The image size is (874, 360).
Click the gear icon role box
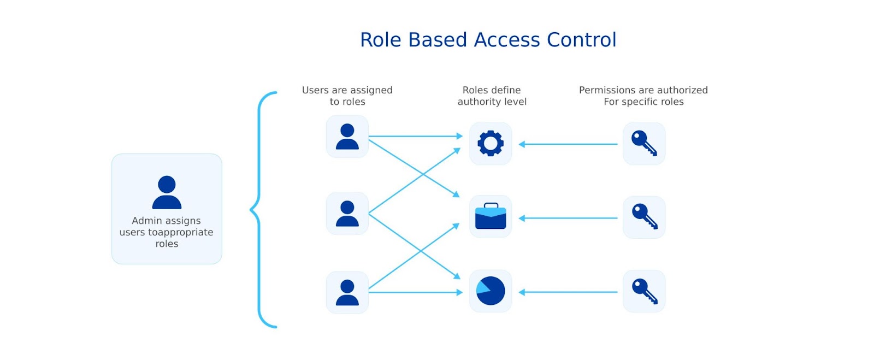pyautogui.click(x=490, y=144)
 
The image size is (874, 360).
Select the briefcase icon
pyautogui.click(x=490, y=217)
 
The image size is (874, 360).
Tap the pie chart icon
pyautogui.click(x=490, y=291)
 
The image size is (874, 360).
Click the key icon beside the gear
pyautogui.click(x=644, y=144)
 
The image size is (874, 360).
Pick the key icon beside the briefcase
pyautogui.click(x=644, y=217)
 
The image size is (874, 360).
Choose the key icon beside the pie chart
pyautogui.click(x=644, y=291)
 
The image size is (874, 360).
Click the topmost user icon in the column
pyautogui.click(x=347, y=137)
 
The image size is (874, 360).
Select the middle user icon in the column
pyautogui.click(x=347, y=214)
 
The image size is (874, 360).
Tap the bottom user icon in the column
pyautogui.click(x=347, y=292)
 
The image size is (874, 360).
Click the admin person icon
pyautogui.click(x=167, y=192)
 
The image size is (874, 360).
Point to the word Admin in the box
pyautogui.click(x=146, y=221)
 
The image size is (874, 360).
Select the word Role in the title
pyautogui.click(x=381, y=40)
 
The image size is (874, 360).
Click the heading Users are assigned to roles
pyautogui.click(x=347, y=96)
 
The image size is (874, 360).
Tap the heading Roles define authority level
pyautogui.click(x=492, y=96)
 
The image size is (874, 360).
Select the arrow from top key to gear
pyautogui.click(x=568, y=144)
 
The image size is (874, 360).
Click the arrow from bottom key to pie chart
pyautogui.click(x=568, y=292)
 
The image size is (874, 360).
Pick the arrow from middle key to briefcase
pyautogui.click(x=568, y=218)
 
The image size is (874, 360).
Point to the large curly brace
pyautogui.click(x=259, y=209)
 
